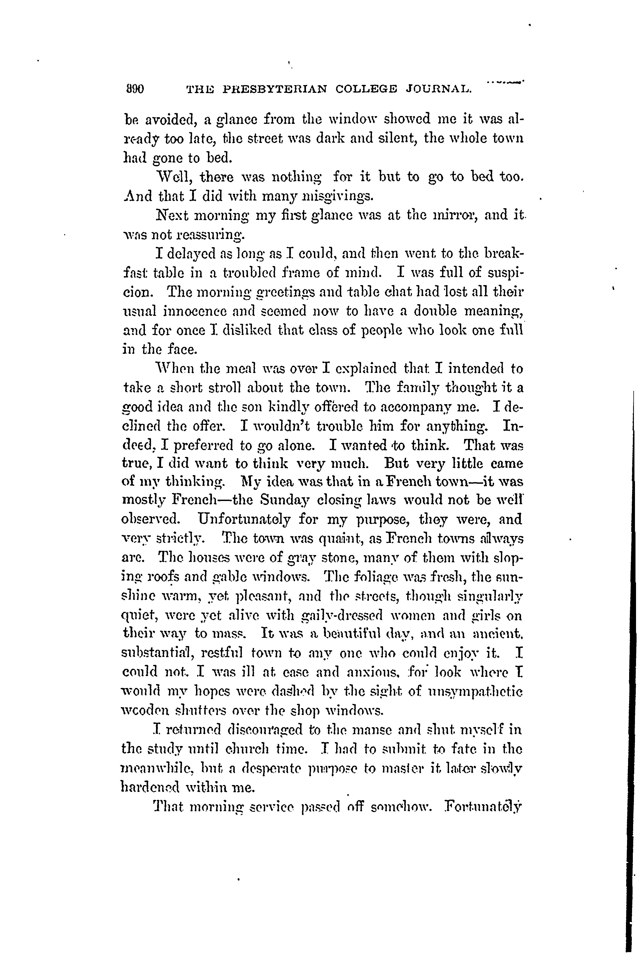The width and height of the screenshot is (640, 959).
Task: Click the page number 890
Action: tap(134, 89)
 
